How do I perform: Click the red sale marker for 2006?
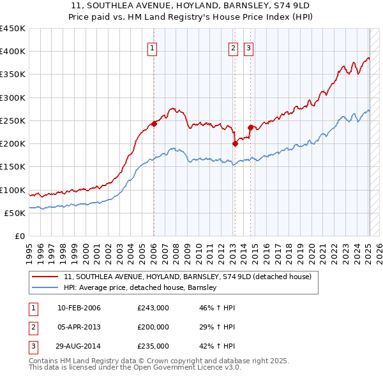click(154, 124)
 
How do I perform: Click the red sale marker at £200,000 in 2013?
click(235, 143)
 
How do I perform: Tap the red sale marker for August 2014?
click(250, 127)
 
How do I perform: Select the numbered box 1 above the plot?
click(154, 47)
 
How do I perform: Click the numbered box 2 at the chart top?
click(233, 47)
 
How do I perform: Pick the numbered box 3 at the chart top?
click(248, 47)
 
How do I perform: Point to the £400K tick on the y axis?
click(13, 52)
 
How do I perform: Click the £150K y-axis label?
click(13, 167)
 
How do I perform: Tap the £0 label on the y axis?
click(19, 236)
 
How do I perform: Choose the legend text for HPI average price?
click(140, 288)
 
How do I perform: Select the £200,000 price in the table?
click(153, 327)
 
